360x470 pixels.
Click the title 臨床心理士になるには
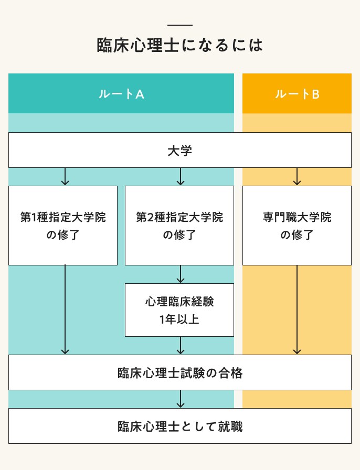179,45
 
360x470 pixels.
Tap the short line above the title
179,25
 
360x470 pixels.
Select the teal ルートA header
121,94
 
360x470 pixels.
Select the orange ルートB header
297,94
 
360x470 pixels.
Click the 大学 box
179,151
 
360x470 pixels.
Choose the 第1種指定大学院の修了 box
63,226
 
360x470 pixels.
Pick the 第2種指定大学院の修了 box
179,226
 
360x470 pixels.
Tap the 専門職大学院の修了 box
297,226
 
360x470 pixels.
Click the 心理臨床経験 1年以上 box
179,310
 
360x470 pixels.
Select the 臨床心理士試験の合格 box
179,373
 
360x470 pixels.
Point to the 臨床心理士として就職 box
179,426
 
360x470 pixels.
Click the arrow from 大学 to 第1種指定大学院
65,177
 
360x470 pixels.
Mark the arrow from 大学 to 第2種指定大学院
181,177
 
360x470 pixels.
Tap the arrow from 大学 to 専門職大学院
297,177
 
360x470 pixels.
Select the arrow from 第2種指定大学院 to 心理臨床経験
181,274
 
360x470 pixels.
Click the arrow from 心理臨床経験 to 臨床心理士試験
181,346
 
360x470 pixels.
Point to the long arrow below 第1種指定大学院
65,309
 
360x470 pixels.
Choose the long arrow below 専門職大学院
297,309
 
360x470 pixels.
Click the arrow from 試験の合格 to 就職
181,399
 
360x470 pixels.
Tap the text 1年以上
179,319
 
